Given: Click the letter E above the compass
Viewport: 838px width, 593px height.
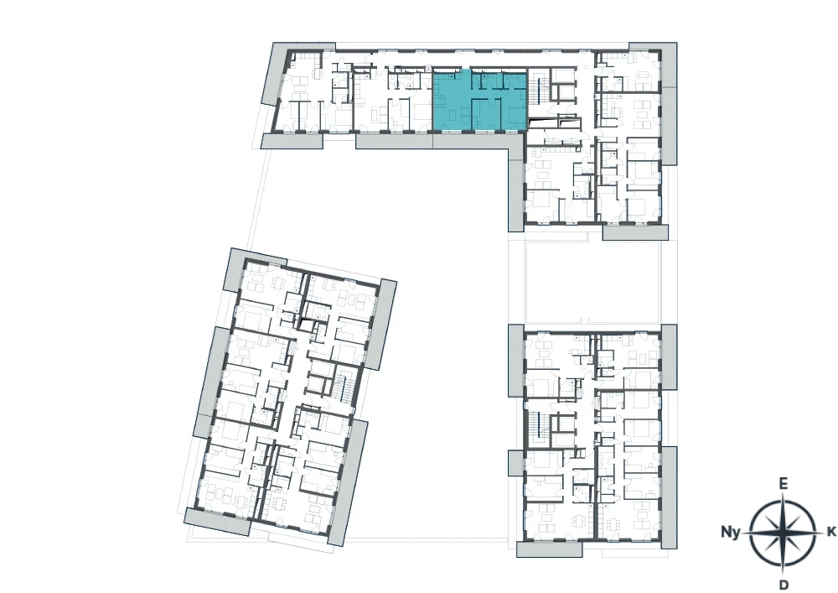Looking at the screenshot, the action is [783, 484].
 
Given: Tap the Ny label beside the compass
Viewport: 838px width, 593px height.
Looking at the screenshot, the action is [731, 532].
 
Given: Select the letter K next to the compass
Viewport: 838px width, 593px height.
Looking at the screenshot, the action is [831, 532].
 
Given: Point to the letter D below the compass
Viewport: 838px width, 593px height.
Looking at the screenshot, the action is [784, 584].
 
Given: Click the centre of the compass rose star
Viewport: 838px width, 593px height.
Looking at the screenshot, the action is [783, 533].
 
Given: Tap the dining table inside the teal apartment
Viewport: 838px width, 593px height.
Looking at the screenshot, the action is [442, 98].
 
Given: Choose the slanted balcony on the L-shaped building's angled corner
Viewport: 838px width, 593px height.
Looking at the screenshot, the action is [275, 73].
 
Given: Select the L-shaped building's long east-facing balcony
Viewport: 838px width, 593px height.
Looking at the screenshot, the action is [669, 103].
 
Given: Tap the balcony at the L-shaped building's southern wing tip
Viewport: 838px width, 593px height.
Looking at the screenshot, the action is [635, 232].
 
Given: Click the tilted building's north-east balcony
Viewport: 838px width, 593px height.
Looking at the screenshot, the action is [381, 325].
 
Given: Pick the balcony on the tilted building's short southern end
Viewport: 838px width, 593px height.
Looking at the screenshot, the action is [218, 521].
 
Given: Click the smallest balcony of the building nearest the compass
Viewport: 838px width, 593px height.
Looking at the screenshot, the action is [515, 462].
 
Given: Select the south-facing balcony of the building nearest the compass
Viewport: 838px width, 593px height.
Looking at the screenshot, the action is [549, 549].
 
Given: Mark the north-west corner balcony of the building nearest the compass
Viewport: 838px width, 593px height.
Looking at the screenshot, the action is [515, 360].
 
